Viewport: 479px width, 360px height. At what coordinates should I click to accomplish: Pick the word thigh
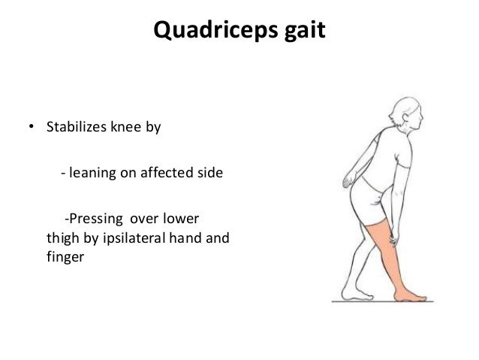[63, 240]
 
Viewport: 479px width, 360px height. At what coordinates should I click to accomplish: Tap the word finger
[62, 259]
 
